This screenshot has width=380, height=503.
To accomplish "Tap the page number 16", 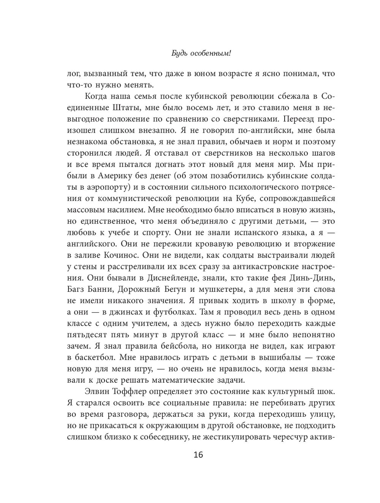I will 198,455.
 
